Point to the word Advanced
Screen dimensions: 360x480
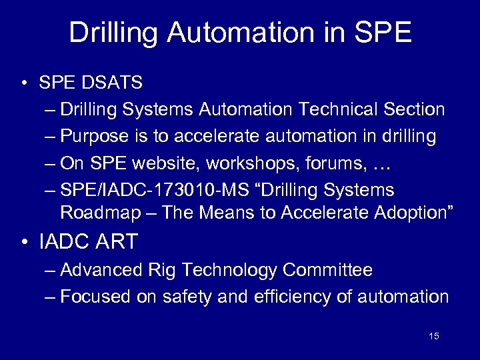tap(101, 270)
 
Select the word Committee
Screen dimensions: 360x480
tap(327, 270)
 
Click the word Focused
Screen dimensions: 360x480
tap(96, 297)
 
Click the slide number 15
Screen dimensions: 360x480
tap(434, 337)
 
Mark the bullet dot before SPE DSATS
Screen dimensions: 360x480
tap(23, 84)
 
